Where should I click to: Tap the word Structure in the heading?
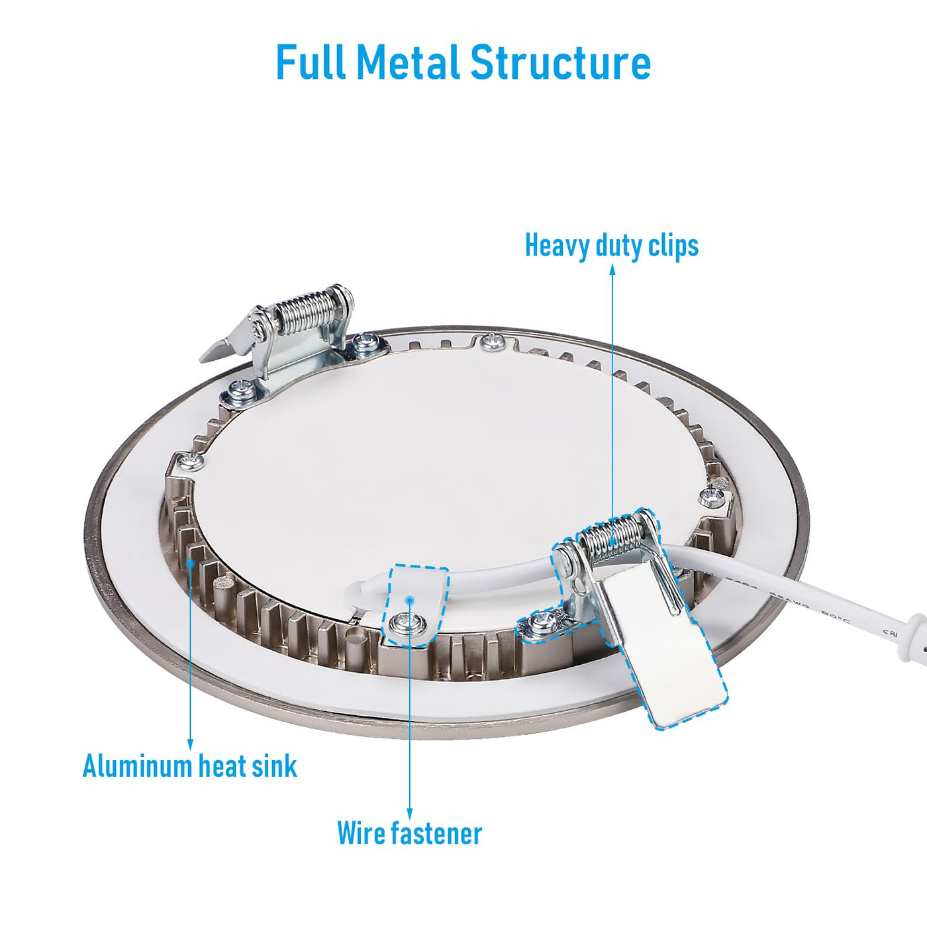[561, 64]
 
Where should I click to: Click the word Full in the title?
[310, 64]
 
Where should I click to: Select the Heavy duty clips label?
[611, 246]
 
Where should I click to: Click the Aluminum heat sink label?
[190, 767]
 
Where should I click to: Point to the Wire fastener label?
[409, 833]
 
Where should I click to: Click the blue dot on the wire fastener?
[411, 600]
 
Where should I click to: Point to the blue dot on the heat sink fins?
[191, 563]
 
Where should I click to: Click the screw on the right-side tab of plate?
[713, 493]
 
